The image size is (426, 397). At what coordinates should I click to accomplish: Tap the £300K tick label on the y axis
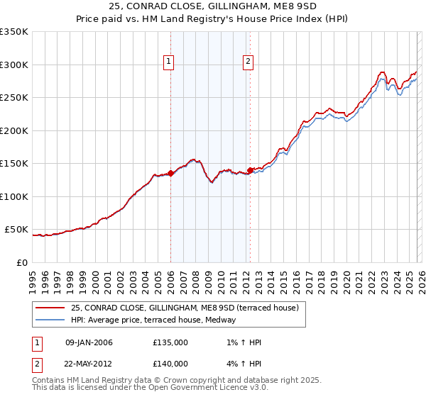pos(14,65)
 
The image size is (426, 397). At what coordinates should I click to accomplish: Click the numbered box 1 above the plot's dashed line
pos(170,62)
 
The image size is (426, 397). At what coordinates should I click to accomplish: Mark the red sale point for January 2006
pos(170,173)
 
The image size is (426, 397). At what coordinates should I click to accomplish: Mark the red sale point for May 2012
pos(250,170)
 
